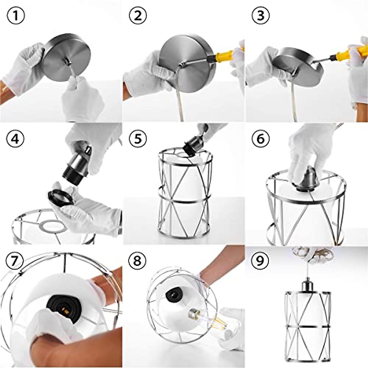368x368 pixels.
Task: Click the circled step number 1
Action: (16, 16)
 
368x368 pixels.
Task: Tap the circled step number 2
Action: (138, 16)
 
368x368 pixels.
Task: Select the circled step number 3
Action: (261, 16)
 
